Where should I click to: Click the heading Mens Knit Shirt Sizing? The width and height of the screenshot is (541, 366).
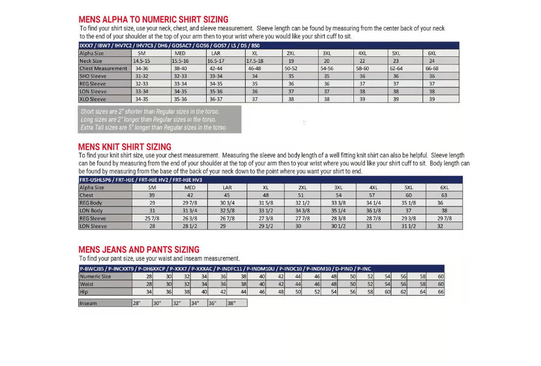124,147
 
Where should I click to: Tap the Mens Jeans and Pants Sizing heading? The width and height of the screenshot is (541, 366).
139,250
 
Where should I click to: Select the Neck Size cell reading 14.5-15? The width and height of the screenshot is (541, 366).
142,60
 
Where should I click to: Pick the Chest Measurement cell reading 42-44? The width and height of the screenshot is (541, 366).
216,68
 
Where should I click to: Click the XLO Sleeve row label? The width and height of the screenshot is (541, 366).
93,99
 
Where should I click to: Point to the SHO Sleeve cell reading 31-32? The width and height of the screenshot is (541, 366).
142,76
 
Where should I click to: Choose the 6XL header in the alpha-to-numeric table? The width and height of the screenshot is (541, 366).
432,53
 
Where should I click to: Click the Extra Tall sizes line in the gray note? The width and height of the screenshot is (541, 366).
154,127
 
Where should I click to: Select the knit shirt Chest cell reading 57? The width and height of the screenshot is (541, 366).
373,196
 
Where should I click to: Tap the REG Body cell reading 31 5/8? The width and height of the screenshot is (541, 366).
266,203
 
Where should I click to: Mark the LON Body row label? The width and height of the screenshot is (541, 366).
93,211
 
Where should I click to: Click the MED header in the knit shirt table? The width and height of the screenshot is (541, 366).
190,188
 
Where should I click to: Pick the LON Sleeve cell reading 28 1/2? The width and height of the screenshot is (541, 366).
190,226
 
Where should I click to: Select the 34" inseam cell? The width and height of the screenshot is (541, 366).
195,303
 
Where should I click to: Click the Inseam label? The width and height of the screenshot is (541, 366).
89,303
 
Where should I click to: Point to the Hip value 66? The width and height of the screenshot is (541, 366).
441,292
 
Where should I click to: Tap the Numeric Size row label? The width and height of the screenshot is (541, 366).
96,277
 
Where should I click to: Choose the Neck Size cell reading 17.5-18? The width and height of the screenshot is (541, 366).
255,60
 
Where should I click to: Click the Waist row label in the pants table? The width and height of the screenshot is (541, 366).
87,284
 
